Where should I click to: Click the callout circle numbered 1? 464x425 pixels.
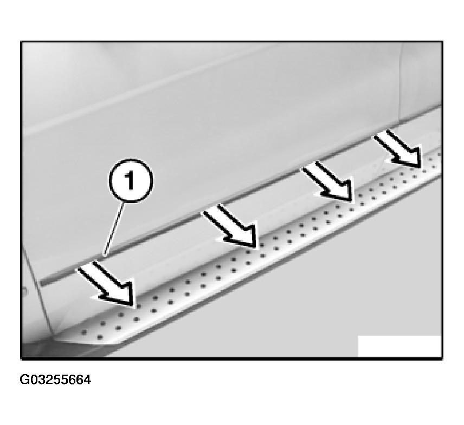pos(131,181)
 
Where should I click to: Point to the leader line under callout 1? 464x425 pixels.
pos(114,228)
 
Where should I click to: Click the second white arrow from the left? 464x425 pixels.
pos(229,226)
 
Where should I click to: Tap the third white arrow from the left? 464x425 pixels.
pos(327,182)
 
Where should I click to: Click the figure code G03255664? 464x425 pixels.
pos(55,380)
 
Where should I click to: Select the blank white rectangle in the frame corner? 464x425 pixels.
pos(399,346)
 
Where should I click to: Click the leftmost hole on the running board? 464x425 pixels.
pos(84,332)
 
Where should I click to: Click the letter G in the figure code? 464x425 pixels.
pos(24,380)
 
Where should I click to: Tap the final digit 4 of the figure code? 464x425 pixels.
pos(87,380)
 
